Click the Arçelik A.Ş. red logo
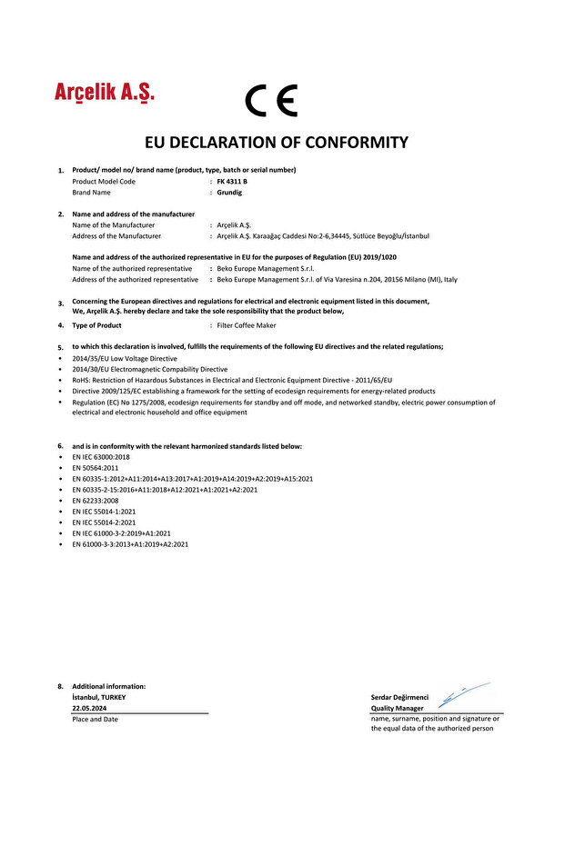(105, 93)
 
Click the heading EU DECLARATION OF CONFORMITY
(277, 143)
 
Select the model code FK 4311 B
(232, 182)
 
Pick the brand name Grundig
(230, 193)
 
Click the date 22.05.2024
(89, 707)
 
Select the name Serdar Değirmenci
(399, 697)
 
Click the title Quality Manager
(397, 708)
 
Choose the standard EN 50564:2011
(96, 468)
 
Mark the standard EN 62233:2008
(96, 501)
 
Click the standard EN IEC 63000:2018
(101, 457)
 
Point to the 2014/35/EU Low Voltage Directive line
(125, 359)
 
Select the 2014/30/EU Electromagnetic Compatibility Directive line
(149, 370)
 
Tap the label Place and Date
(95, 720)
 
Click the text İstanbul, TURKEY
(99, 697)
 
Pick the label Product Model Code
(104, 182)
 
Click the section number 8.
(61, 686)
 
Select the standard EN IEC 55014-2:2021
(104, 523)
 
